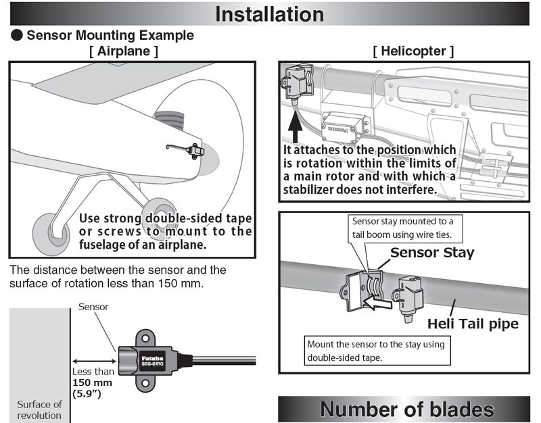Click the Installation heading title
coord(269,14)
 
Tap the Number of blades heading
coord(406,409)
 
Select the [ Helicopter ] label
coord(413,51)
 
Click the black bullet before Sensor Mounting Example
coord(16,35)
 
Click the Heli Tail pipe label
coord(473,324)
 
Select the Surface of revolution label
coord(39,409)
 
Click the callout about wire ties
coord(404,228)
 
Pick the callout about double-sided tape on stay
coord(376,350)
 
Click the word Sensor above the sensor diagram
coord(93,307)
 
